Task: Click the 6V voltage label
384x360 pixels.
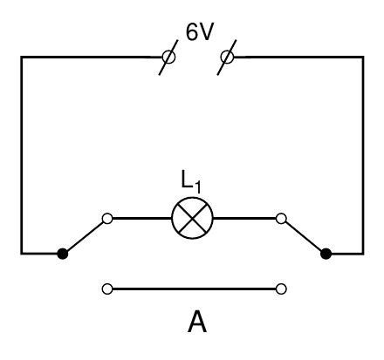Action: tap(200, 31)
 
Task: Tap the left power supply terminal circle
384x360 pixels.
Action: tap(168, 57)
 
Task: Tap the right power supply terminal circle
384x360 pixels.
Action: tap(227, 57)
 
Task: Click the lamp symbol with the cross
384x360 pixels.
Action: tap(192, 218)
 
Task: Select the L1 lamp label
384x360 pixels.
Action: tap(191, 182)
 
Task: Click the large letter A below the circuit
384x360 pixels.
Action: tap(197, 322)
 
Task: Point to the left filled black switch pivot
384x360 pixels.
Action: tap(62, 254)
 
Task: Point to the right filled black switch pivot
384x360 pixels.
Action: tap(326, 254)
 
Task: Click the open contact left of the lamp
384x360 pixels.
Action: tap(107, 218)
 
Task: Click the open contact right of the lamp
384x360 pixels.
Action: tap(281, 218)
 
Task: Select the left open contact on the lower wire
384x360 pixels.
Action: tap(107, 289)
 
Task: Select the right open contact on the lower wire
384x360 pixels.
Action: tap(281, 289)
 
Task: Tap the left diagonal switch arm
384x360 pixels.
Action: tap(85, 236)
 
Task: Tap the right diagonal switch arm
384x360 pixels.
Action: tap(304, 236)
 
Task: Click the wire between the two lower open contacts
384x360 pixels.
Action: tap(194, 289)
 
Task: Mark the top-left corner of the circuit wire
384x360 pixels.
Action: tap(21, 57)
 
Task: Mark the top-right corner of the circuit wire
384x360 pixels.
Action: tap(363, 57)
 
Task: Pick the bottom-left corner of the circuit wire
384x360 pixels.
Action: tap(21, 254)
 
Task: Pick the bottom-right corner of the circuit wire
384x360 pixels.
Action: tap(363, 254)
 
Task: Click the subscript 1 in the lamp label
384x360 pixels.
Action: tap(197, 187)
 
